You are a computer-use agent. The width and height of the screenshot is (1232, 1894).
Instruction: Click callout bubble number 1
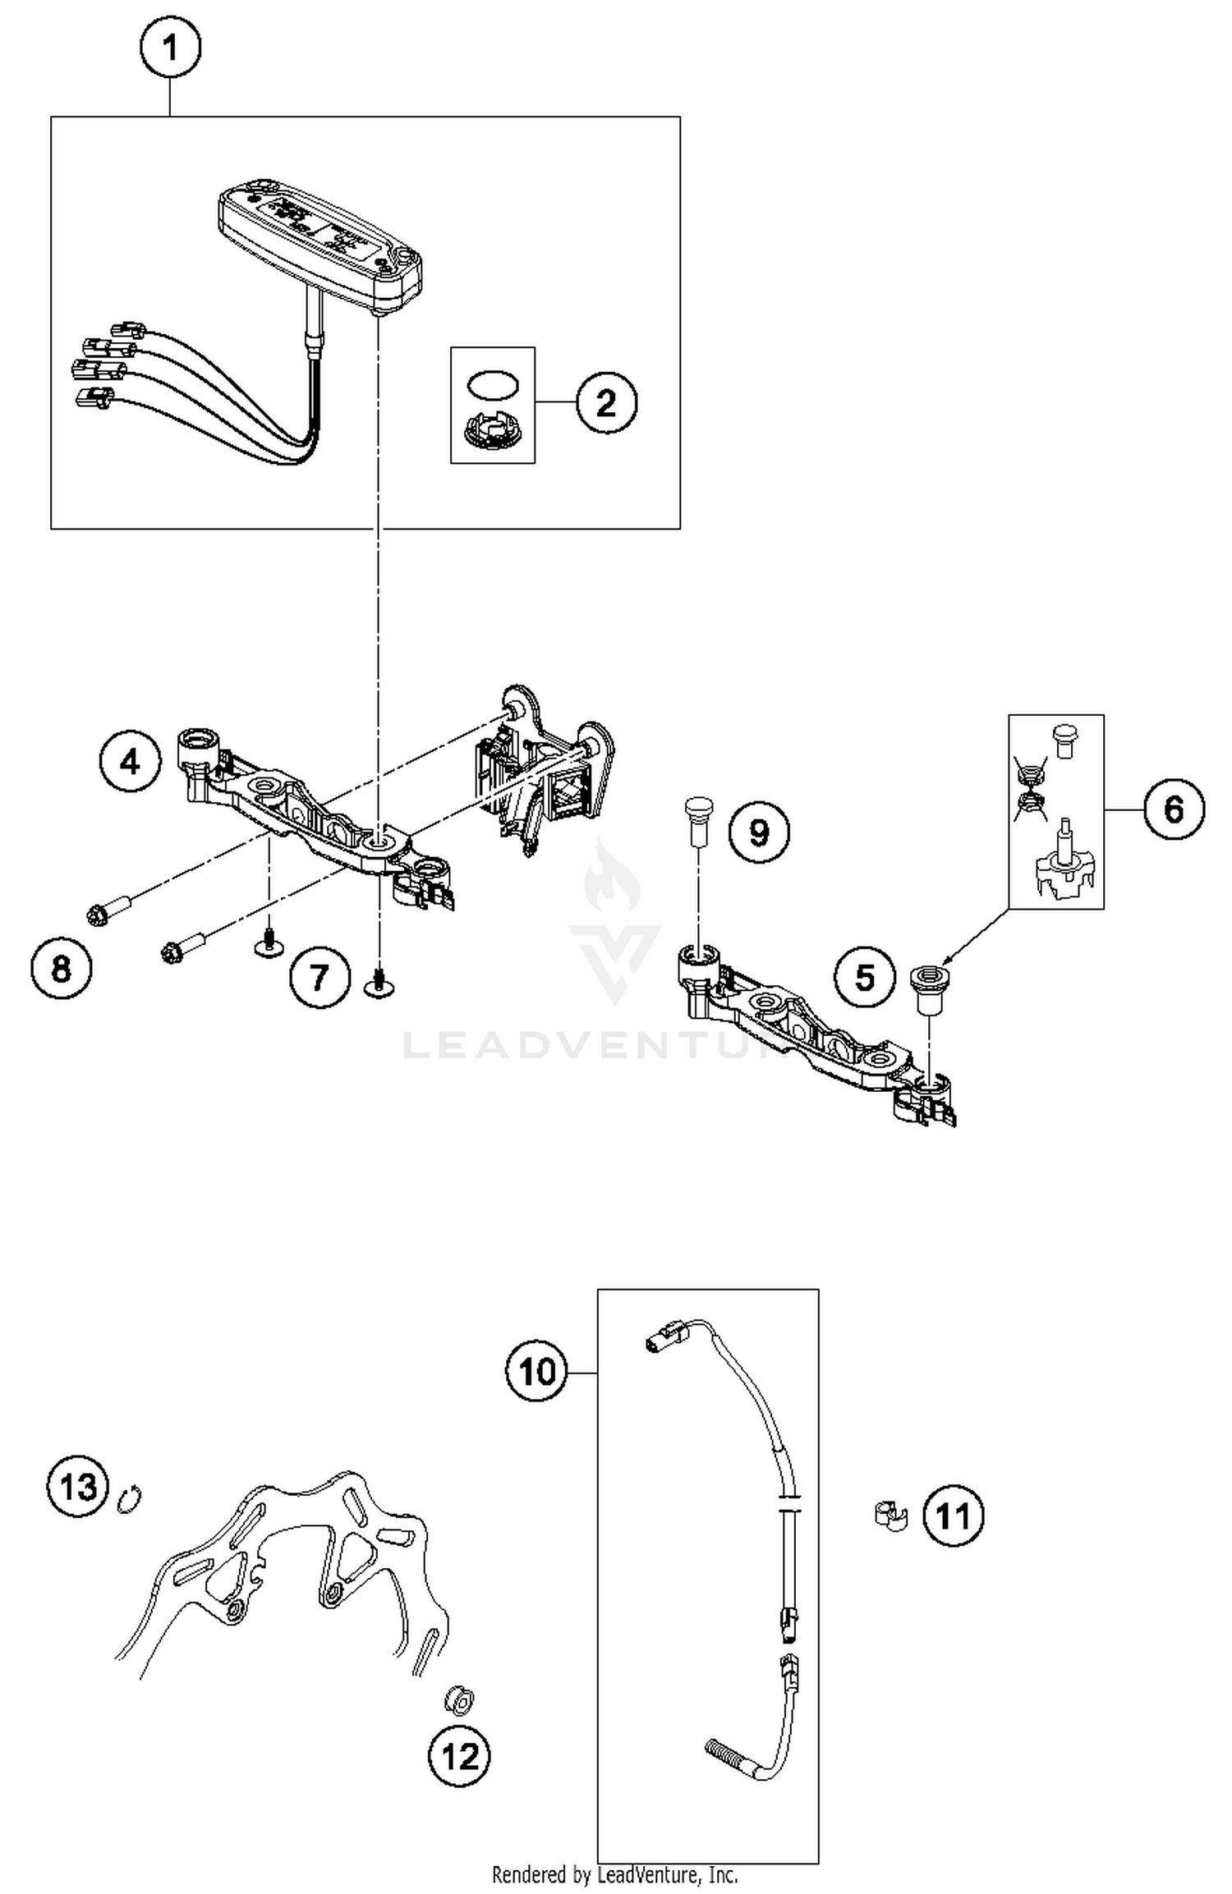point(170,48)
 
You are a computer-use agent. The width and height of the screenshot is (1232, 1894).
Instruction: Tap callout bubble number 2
point(606,403)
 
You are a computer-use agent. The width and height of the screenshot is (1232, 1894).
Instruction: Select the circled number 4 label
point(131,763)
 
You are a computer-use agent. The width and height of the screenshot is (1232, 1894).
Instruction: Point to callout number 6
point(1174,809)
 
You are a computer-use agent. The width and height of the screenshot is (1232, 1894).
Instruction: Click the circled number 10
point(537,1371)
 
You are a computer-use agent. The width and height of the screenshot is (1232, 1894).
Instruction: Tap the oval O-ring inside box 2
point(493,384)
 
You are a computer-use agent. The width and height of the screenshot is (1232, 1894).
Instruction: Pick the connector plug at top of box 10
point(661,1344)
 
